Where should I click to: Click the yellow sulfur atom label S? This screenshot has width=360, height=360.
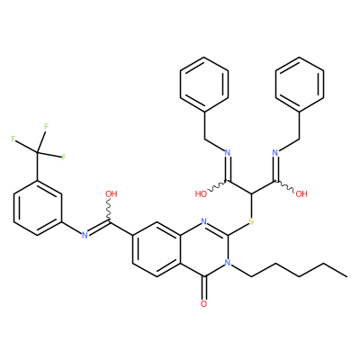pyautogui.click(x=251, y=222)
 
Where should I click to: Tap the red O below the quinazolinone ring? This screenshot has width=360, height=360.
pyautogui.click(x=203, y=304)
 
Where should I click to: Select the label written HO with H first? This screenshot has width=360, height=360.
pyautogui.click(x=201, y=194)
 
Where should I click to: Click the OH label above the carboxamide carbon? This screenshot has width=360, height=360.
pyautogui.click(x=112, y=194)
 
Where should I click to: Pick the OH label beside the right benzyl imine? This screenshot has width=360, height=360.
pyautogui.click(x=301, y=194)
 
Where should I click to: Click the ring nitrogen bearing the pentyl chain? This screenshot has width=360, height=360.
pyautogui.click(x=228, y=263)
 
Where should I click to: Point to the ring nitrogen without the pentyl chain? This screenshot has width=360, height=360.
pyautogui.click(x=204, y=222)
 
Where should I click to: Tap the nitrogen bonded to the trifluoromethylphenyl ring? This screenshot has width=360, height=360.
pyautogui.click(x=85, y=236)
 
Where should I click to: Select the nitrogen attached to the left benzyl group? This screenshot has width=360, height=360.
pyautogui.click(x=228, y=153)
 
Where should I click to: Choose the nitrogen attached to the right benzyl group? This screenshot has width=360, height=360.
pyautogui.click(x=275, y=153)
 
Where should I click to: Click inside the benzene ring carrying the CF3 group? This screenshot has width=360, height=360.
pyautogui.click(x=38, y=208)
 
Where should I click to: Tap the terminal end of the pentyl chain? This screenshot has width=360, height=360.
pyautogui.click(x=346, y=276)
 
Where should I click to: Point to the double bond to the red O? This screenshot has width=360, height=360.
pyautogui.click(x=204, y=287)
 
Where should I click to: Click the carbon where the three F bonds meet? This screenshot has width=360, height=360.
pyautogui.click(x=38, y=153)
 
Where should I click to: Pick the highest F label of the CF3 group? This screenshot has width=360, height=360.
pyautogui.click(x=46, y=127)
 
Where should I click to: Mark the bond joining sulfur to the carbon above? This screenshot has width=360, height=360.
pyautogui.click(x=251, y=205)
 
